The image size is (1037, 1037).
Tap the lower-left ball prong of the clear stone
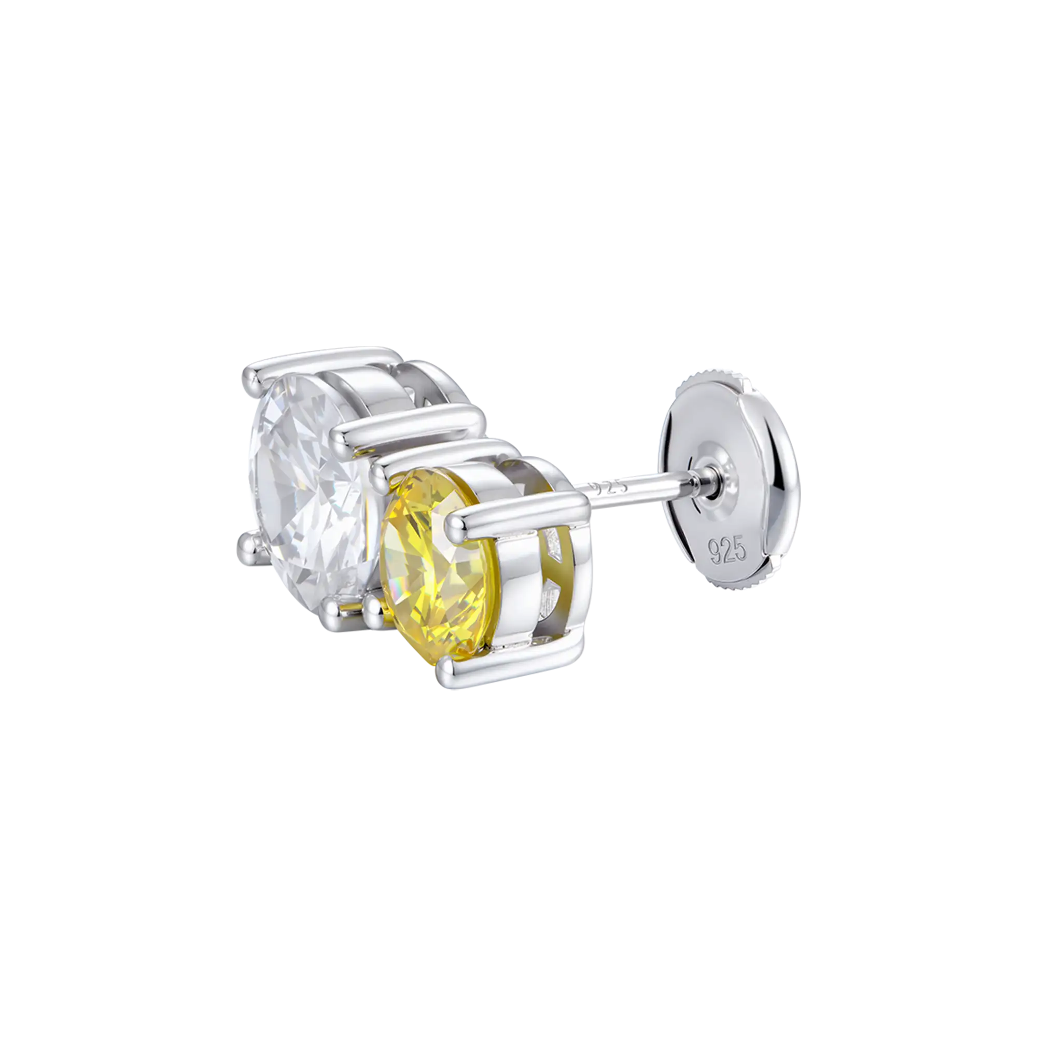(248, 543)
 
